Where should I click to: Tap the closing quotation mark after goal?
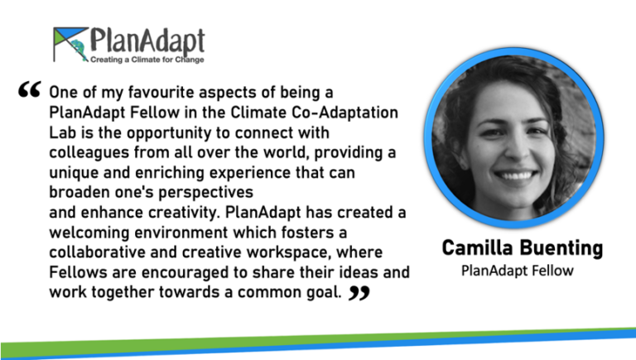[x=359, y=293]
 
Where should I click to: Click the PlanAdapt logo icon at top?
[x=70, y=44]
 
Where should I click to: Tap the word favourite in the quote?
[x=148, y=92]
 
